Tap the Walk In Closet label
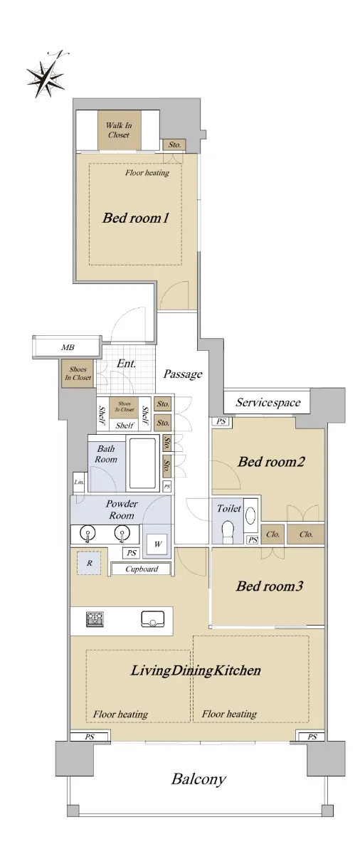click(119, 130)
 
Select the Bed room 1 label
click(136, 218)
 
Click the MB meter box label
click(68, 347)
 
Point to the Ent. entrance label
click(126, 364)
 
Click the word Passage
click(183, 374)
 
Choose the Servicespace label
click(268, 402)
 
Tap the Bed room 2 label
click(271, 462)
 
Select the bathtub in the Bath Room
click(142, 463)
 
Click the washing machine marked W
click(157, 544)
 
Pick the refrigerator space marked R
click(89, 563)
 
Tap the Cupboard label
click(142, 569)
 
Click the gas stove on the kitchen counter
click(95, 620)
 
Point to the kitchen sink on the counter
click(153, 619)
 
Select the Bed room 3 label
click(270, 586)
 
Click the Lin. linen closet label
click(79, 483)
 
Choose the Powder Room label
click(122, 510)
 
